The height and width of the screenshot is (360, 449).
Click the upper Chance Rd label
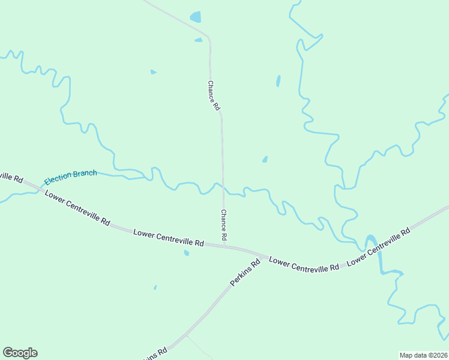pos(214,96)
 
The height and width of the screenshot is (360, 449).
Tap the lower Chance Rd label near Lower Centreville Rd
pos(223,225)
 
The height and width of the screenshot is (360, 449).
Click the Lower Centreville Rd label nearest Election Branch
pos(77,208)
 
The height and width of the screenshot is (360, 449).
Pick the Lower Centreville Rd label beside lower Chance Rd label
pos(169,238)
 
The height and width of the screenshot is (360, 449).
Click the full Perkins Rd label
pos(246,272)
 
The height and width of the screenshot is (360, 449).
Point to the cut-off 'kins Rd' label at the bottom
pos(154,354)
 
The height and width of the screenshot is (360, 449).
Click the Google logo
pos(20,353)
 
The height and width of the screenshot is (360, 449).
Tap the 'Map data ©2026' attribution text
pos(423,355)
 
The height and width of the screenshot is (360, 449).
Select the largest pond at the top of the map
pos(196,17)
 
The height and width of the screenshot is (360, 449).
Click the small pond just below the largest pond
pos(199,40)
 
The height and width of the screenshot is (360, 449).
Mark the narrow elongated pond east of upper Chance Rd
pos(278,81)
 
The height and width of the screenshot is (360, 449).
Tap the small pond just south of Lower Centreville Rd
pos(187,253)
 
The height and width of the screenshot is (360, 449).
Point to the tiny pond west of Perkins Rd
pos(155,287)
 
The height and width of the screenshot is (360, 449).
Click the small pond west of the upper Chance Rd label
pos(153,72)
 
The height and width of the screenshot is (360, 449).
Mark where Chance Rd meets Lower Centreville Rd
pos(224,247)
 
